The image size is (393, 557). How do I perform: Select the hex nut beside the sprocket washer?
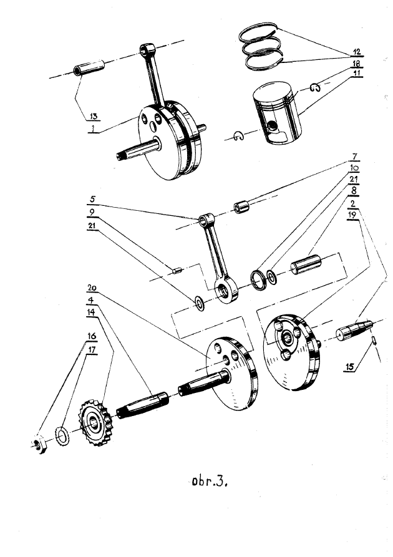[39, 445]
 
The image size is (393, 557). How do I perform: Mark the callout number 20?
[92, 288]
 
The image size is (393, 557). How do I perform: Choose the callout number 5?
[93, 200]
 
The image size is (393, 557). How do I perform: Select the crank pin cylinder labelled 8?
[305, 265]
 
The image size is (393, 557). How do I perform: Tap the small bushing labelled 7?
[241, 206]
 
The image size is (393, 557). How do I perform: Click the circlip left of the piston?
[238, 137]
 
